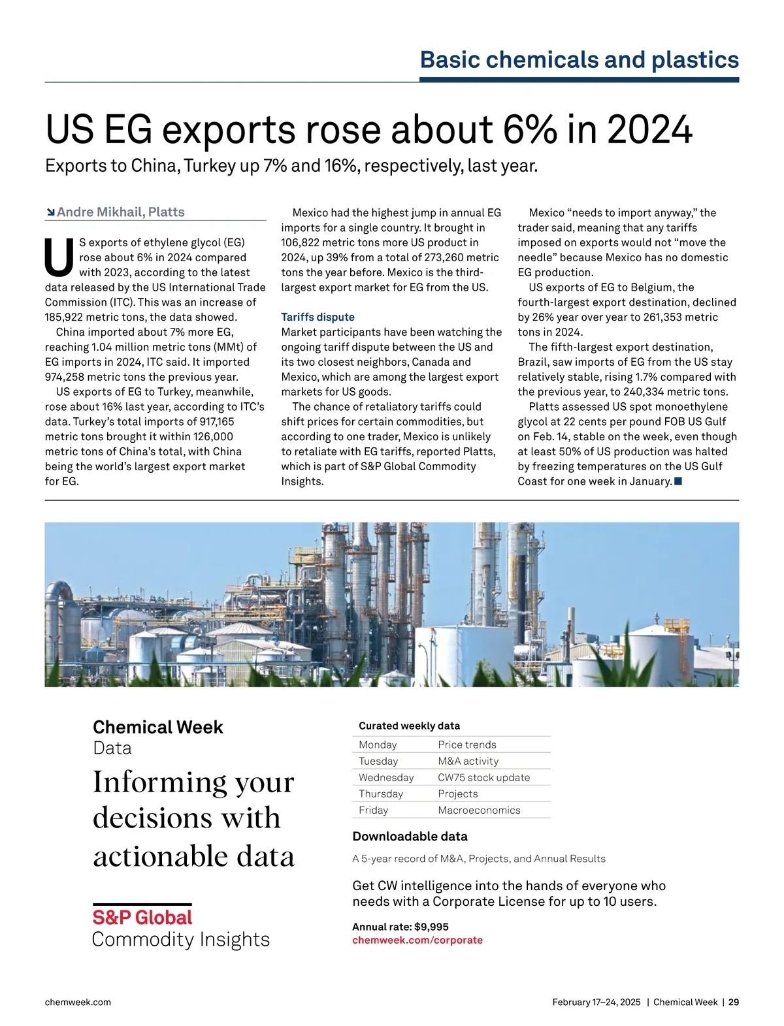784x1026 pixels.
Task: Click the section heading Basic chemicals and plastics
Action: point(579,59)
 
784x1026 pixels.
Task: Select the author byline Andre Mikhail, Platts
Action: point(120,212)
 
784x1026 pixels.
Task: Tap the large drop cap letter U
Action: point(59,257)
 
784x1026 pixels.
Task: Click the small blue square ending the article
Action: point(678,481)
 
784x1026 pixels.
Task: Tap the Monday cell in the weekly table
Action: point(378,745)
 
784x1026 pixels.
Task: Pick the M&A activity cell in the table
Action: point(468,761)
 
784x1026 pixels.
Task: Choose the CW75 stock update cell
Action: point(483,778)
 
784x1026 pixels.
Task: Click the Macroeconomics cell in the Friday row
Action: point(479,810)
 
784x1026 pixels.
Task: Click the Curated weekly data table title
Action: point(409,726)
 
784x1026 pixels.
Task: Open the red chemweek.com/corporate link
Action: point(417,940)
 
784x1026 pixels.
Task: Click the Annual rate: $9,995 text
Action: point(400,927)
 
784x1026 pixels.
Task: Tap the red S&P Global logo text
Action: point(142,918)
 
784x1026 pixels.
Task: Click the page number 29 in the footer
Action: point(734,1002)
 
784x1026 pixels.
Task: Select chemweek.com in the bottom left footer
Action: point(78,1002)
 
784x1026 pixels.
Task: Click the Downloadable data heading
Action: point(410,837)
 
